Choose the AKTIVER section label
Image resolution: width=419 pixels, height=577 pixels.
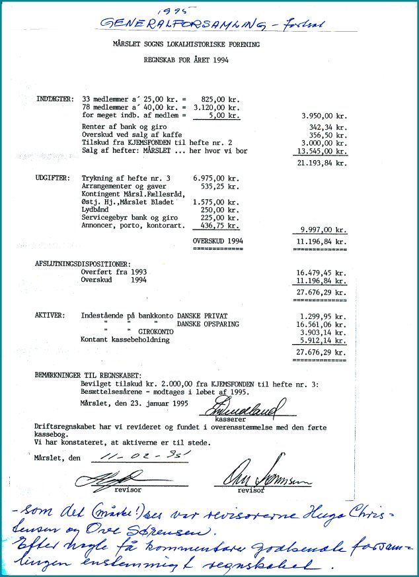[x=50, y=315]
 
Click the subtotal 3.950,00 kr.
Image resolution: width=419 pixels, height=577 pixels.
[x=323, y=115]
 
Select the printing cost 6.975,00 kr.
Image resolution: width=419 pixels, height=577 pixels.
[x=215, y=179]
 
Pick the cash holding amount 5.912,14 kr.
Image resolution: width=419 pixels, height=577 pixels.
[x=323, y=340]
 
